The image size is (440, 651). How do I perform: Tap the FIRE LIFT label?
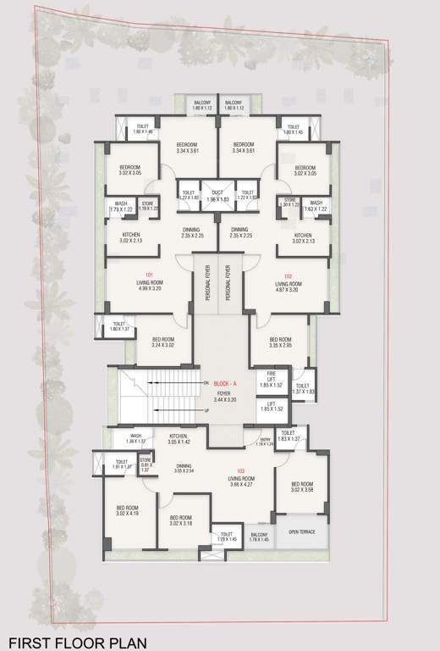tap(271, 376)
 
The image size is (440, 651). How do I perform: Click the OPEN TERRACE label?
tap(301, 531)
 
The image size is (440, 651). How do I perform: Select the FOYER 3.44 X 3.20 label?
tap(225, 394)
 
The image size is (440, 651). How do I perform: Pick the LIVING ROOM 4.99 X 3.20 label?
tap(149, 285)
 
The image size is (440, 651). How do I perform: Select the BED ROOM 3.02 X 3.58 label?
tap(301, 486)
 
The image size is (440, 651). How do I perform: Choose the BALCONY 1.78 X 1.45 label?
tap(259, 537)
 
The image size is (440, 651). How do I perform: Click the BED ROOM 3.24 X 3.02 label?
tap(163, 342)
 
